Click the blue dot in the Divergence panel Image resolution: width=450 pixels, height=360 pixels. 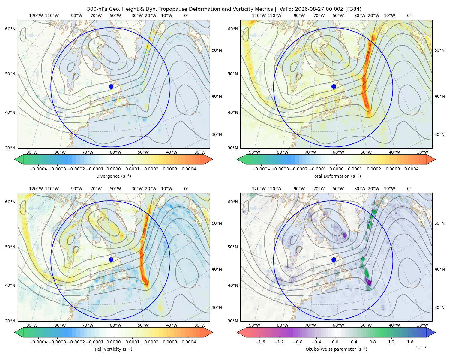(x=111, y=86)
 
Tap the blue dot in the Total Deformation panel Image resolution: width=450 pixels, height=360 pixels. (x=334, y=86)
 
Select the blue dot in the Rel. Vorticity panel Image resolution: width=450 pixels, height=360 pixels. (x=111, y=259)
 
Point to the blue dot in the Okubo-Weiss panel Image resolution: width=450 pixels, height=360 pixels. (x=334, y=259)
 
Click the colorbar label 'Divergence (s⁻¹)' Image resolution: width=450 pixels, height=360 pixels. (x=113, y=176)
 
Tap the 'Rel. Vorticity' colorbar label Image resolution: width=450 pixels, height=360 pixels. (x=107, y=349)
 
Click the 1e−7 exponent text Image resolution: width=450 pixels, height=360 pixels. (x=421, y=348)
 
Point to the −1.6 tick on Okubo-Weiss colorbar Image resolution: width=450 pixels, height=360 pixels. (x=260, y=342)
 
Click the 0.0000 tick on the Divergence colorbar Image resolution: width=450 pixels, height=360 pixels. (x=113, y=169)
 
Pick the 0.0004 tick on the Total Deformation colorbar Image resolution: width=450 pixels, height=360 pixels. (x=411, y=169)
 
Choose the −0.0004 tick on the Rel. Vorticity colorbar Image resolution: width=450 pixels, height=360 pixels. (x=38, y=342)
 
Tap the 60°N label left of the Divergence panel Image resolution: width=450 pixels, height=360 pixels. (x=10, y=29)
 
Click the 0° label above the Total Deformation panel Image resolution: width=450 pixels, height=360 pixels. (x=409, y=16)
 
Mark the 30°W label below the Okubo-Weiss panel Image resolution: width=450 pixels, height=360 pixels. (x=423, y=325)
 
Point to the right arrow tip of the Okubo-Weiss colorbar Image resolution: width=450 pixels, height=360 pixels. (x=435, y=332)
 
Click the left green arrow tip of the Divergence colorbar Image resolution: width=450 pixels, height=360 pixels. (x=15, y=159)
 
